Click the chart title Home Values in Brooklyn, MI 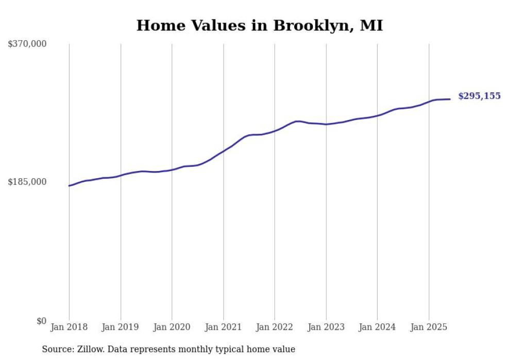(259, 25)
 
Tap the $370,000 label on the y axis (27, 44)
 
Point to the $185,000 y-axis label (27, 182)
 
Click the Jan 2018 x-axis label (69, 327)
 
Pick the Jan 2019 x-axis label (121, 327)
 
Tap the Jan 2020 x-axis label (172, 327)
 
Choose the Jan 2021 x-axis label (223, 327)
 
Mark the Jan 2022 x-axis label (275, 327)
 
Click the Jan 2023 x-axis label (326, 327)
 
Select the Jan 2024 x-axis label (377, 327)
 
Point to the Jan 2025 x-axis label (429, 327)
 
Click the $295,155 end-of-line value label (479, 96)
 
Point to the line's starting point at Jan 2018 (69, 185)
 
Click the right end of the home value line (450, 99)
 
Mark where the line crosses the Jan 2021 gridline (223, 152)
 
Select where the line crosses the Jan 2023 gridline (326, 124)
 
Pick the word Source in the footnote (56, 349)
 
